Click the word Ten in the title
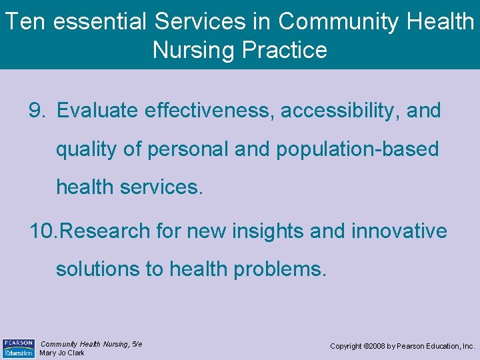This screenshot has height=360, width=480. tap(25, 21)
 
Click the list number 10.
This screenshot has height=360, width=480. tap(43, 231)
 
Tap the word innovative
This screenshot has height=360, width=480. tap(399, 231)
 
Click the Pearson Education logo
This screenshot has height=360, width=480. tap(18, 347)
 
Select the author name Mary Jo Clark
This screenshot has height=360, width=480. tap(62, 353)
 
